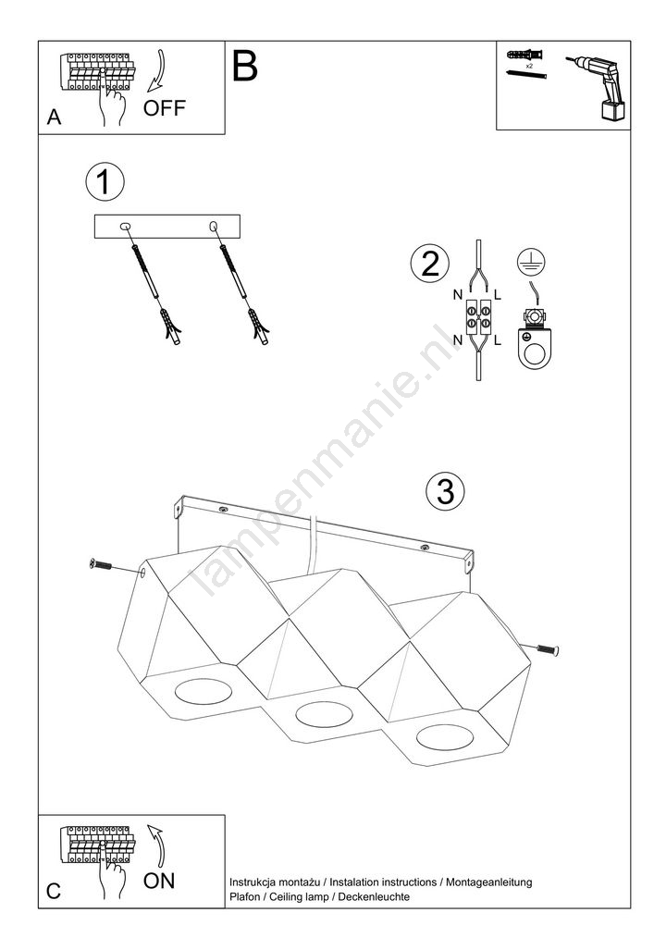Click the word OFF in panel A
click(x=165, y=108)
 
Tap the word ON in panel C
click(x=159, y=881)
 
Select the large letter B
click(x=245, y=66)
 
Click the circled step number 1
click(x=105, y=181)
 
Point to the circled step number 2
click(x=430, y=263)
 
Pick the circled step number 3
click(x=445, y=491)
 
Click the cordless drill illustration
click(x=597, y=87)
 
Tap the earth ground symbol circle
click(x=531, y=262)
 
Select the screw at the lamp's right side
click(x=548, y=649)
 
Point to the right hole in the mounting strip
click(x=213, y=226)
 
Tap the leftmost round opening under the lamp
click(x=203, y=691)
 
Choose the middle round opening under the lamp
click(x=324, y=714)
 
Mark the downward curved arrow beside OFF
click(x=156, y=71)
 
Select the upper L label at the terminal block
click(x=498, y=295)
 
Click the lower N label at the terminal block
click(x=458, y=339)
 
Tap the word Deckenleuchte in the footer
click(x=374, y=896)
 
